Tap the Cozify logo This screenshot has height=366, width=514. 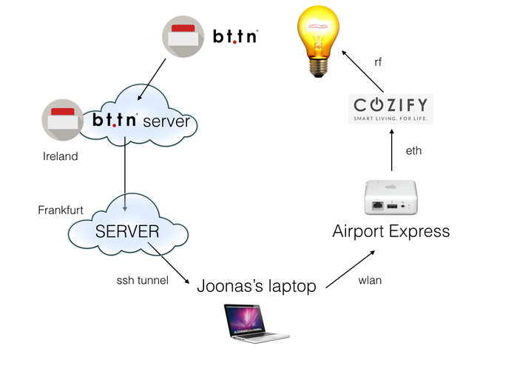(x=391, y=108)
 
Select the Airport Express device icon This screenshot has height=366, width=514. (x=391, y=199)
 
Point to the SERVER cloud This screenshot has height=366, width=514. (x=126, y=230)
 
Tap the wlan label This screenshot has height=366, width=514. (x=370, y=281)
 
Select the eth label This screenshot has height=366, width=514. (x=413, y=150)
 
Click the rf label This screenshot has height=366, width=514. (x=378, y=62)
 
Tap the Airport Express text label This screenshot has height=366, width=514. (x=391, y=231)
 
